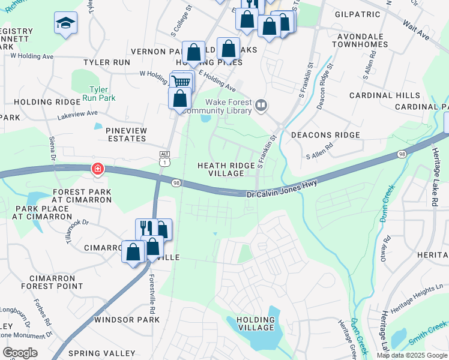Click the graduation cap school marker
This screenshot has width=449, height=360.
[x=65, y=23]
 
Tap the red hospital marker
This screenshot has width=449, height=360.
[x=97, y=170]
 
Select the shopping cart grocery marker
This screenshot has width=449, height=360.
[x=182, y=82]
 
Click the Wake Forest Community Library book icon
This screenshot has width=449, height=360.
[x=261, y=106]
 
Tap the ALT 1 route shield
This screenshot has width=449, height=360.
[x=164, y=158]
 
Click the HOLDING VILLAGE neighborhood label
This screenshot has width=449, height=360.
[x=256, y=324]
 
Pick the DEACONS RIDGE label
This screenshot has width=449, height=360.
[x=325, y=135]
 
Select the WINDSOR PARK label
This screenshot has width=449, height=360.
[x=127, y=320]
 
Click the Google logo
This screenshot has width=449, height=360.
[x=20, y=353]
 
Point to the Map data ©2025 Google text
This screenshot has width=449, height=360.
[x=412, y=355]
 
